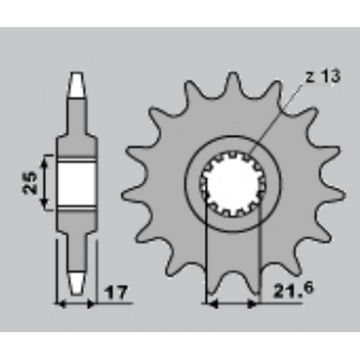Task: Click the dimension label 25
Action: [30, 182]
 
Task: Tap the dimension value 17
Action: [116, 293]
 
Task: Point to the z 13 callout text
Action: [323, 76]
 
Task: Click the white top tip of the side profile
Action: [77, 85]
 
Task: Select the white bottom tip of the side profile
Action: [77, 283]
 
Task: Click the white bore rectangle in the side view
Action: [76, 182]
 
